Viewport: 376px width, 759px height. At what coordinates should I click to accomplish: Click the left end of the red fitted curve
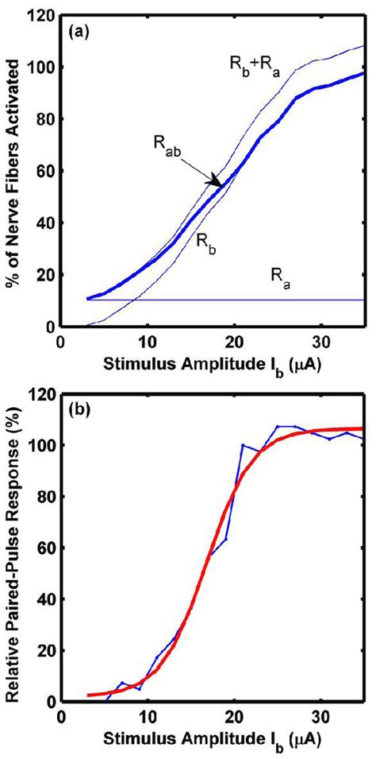[x=88, y=695]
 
